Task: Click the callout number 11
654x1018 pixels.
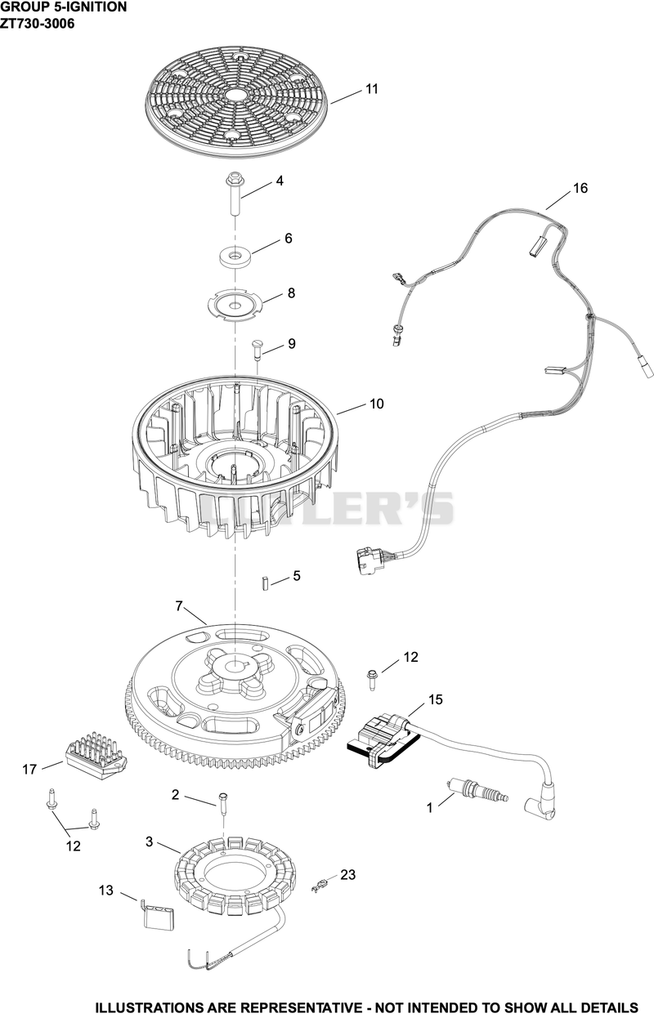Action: [372, 89]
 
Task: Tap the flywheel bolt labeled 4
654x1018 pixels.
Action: [235, 194]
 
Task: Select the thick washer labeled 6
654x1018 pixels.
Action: [235, 257]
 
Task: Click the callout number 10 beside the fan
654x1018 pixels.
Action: [377, 404]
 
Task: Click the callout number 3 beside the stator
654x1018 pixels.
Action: [149, 842]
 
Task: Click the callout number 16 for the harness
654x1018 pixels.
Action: [580, 188]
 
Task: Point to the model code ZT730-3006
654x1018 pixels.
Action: [38, 23]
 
